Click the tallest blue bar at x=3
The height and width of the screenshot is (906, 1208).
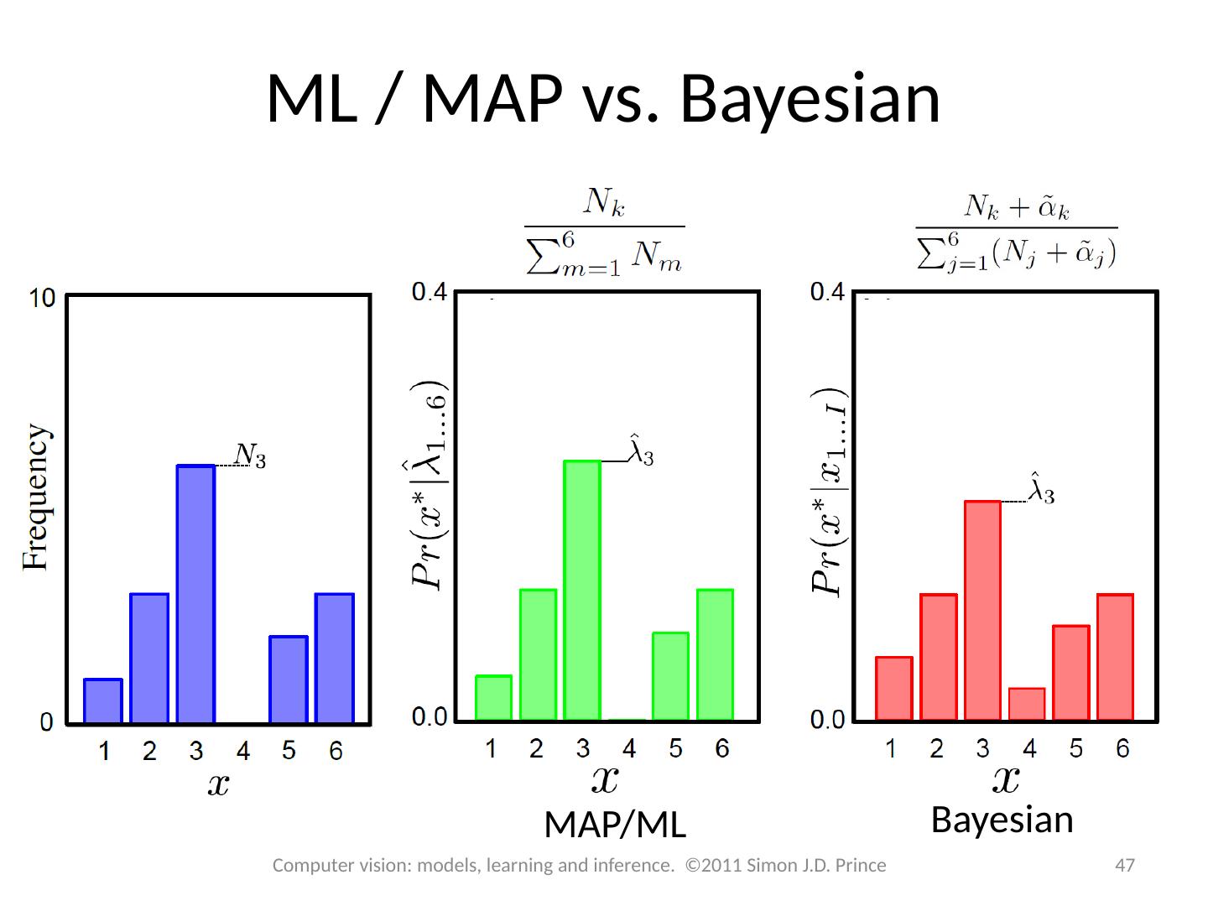195,593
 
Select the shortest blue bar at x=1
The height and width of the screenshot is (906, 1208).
103,700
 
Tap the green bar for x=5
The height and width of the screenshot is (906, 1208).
670,676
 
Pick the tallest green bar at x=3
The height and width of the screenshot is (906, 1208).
582,590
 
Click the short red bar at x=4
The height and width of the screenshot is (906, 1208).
1027,704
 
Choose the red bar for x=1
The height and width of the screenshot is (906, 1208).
893,688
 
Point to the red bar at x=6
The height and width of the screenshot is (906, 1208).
1115,657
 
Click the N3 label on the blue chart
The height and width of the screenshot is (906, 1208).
250,456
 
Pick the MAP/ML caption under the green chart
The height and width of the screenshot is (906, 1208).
615,825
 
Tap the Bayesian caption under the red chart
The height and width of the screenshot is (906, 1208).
1002,820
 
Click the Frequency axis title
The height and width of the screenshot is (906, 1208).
36,497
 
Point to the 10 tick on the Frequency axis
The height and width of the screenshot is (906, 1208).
42,298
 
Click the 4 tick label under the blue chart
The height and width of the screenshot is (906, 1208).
242,752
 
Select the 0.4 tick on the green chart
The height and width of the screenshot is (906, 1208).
430,293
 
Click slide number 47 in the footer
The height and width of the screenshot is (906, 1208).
1124,865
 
